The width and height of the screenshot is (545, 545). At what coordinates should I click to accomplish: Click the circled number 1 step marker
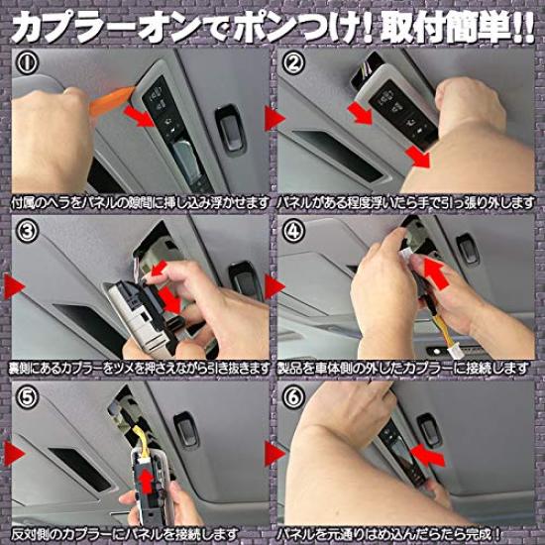[x=27, y=62]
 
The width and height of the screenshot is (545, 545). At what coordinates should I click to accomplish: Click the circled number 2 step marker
[x=293, y=62]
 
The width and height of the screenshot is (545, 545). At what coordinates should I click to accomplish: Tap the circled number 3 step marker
[x=27, y=231]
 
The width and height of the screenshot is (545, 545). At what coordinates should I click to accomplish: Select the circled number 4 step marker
[x=293, y=231]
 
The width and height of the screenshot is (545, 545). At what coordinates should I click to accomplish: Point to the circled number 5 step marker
[x=27, y=396]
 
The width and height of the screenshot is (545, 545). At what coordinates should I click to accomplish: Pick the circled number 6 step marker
[x=293, y=396]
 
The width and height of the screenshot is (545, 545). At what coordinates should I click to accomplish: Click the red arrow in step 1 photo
[x=139, y=116]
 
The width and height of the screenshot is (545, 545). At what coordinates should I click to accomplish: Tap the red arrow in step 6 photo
[x=427, y=456]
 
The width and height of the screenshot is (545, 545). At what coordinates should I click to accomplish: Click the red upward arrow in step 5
[x=147, y=483]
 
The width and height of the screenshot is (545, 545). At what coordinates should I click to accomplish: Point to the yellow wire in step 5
[x=144, y=441]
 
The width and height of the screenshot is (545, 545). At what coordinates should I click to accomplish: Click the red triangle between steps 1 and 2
[x=274, y=118]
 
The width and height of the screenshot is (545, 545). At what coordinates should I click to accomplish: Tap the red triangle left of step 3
[x=14, y=286]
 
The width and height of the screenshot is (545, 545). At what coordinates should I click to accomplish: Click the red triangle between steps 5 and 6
[x=274, y=453]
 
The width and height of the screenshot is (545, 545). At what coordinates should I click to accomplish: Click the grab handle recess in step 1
[x=230, y=128]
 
